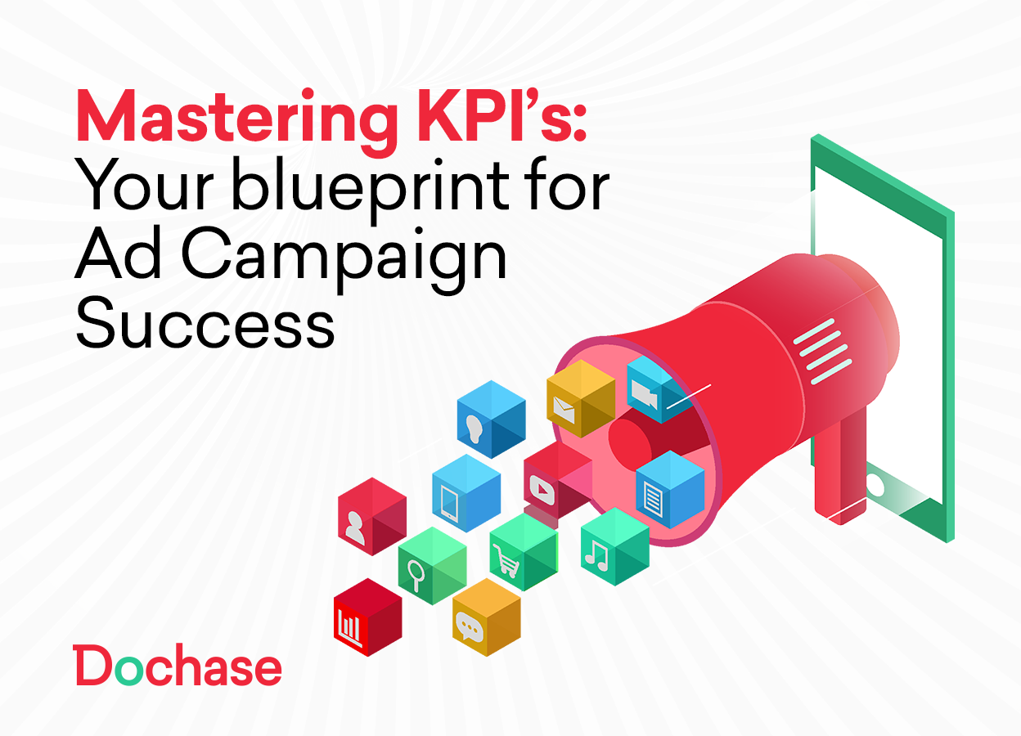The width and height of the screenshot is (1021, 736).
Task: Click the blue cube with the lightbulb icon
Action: (491, 419)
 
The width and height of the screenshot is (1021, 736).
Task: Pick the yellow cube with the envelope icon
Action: (580, 398)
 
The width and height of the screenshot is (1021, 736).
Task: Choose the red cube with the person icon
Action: (371, 517)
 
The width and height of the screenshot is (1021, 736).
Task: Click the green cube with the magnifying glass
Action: (432, 565)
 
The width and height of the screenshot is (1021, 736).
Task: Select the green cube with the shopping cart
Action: (523, 552)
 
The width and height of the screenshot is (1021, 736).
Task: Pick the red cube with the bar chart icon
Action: (367, 617)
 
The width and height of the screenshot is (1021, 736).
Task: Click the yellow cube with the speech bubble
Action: (486, 617)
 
